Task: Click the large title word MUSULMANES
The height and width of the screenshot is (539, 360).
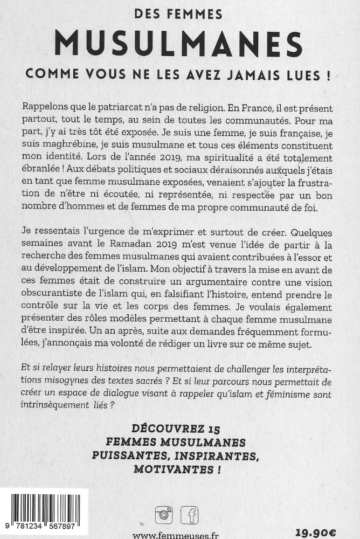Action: [180, 44]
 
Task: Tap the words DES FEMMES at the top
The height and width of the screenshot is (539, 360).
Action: [180, 15]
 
